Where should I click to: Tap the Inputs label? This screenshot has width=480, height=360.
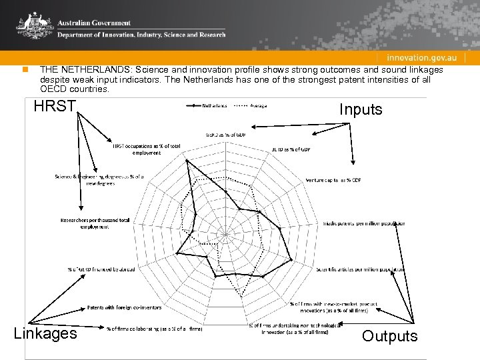[361, 109]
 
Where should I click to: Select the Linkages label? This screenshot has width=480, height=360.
[45, 333]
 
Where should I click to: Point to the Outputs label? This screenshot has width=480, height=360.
[390, 336]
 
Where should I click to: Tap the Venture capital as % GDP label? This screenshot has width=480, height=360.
[333, 180]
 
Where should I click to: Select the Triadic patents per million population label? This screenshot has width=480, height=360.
[363, 223]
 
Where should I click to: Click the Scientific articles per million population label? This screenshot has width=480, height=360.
[360, 269]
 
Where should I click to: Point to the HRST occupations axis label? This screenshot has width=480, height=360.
[137, 149]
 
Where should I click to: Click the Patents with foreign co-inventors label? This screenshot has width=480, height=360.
[124, 307]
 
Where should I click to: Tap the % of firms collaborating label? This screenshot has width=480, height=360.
[154, 327]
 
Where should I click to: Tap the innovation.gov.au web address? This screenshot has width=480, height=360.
[423, 58]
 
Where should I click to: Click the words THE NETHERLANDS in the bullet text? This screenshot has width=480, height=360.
[77, 69]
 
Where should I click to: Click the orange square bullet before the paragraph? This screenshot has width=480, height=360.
[24, 69]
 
